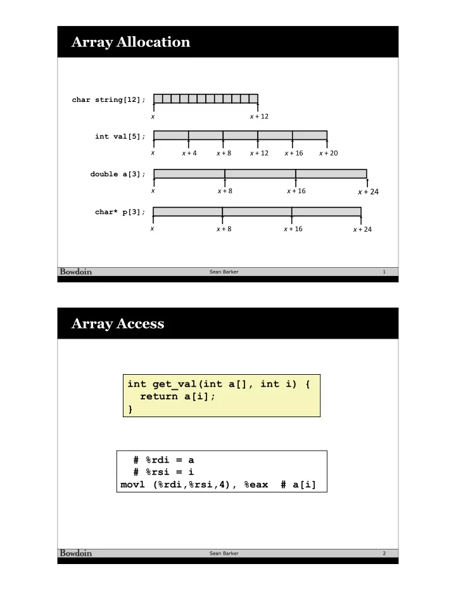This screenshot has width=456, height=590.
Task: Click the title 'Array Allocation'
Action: (x=130, y=42)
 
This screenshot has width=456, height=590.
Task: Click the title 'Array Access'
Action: (x=118, y=323)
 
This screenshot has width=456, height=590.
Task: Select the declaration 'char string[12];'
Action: (x=108, y=100)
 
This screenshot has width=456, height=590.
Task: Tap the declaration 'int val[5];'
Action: (x=120, y=136)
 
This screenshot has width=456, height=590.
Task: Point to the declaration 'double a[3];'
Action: (x=117, y=174)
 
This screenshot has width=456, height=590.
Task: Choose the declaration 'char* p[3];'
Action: (x=120, y=212)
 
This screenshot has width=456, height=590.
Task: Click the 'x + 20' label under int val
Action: (x=328, y=153)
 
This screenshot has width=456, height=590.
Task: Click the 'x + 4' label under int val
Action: (x=189, y=153)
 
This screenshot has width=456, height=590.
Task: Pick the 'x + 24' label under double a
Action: (x=368, y=192)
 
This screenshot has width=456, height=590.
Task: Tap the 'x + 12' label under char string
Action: (x=259, y=116)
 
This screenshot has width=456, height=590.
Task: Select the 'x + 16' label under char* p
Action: (x=293, y=229)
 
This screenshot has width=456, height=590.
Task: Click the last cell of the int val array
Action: (x=310, y=135)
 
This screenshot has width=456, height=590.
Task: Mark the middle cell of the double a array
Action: (x=260, y=173)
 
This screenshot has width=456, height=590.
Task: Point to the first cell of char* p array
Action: (x=187, y=211)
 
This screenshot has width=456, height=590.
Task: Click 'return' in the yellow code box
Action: (x=158, y=396)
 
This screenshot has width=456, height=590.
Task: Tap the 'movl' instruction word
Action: (x=132, y=484)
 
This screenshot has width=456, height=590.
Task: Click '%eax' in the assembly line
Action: (x=256, y=485)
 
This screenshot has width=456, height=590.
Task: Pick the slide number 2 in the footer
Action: (x=384, y=553)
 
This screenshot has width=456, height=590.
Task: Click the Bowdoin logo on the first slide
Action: (x=76, y=272)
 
